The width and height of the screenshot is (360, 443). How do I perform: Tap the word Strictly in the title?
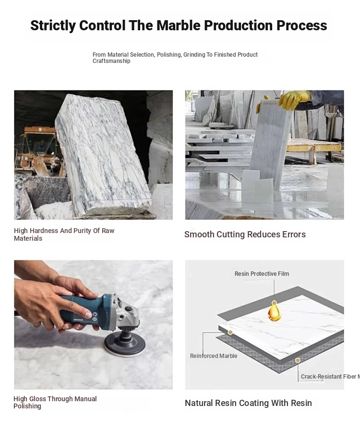pyautogui.click(x=53, y=26)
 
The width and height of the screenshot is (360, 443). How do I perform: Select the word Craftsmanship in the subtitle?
pyautogui.click(x=111, y=61)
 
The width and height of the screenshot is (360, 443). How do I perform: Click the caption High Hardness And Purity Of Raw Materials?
pyautogui.click(x=64, y=234)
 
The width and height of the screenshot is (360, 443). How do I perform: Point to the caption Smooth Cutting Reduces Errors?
pyautogui.click(x=245, y=234)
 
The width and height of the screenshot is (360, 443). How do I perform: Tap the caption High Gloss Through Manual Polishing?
pyautogui.click(x=55, y=402)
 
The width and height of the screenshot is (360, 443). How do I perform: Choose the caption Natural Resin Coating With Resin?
pyautogui.click(x=248, y=403)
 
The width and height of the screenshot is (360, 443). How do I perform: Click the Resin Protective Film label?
pyautogui.click(x=262, y=274)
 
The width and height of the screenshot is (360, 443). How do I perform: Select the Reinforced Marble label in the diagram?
pyautogui.click(x=214, y=356)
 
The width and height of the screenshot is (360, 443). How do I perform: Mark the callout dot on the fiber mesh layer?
pyautogui.click(x=297, y=360)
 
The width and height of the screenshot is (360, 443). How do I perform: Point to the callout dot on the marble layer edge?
pyautogui.click(x=230, y=332)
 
